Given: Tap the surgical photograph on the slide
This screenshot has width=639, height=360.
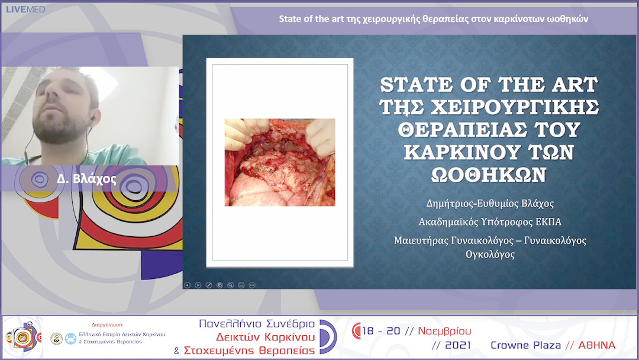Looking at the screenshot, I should point(280,162).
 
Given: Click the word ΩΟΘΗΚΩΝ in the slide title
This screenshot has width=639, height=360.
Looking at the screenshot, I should point(488,175).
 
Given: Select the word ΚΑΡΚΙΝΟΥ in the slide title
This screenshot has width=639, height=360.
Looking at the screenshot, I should point(454,153).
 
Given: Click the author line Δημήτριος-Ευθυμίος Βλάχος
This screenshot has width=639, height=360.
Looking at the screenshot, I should point(490,203).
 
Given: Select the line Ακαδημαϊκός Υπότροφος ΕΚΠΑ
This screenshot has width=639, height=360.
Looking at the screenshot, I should point(489,222).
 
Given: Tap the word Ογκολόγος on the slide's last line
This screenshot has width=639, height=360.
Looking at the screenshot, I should point(489,255).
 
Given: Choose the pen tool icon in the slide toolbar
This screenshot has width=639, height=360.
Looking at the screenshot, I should point(208,285).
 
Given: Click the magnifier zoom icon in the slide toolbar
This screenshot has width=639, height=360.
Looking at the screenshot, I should point(230,285).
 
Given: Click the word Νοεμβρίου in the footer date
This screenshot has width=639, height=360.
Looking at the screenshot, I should point(444,331).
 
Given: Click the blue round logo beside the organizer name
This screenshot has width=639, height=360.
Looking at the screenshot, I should point(70,337).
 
